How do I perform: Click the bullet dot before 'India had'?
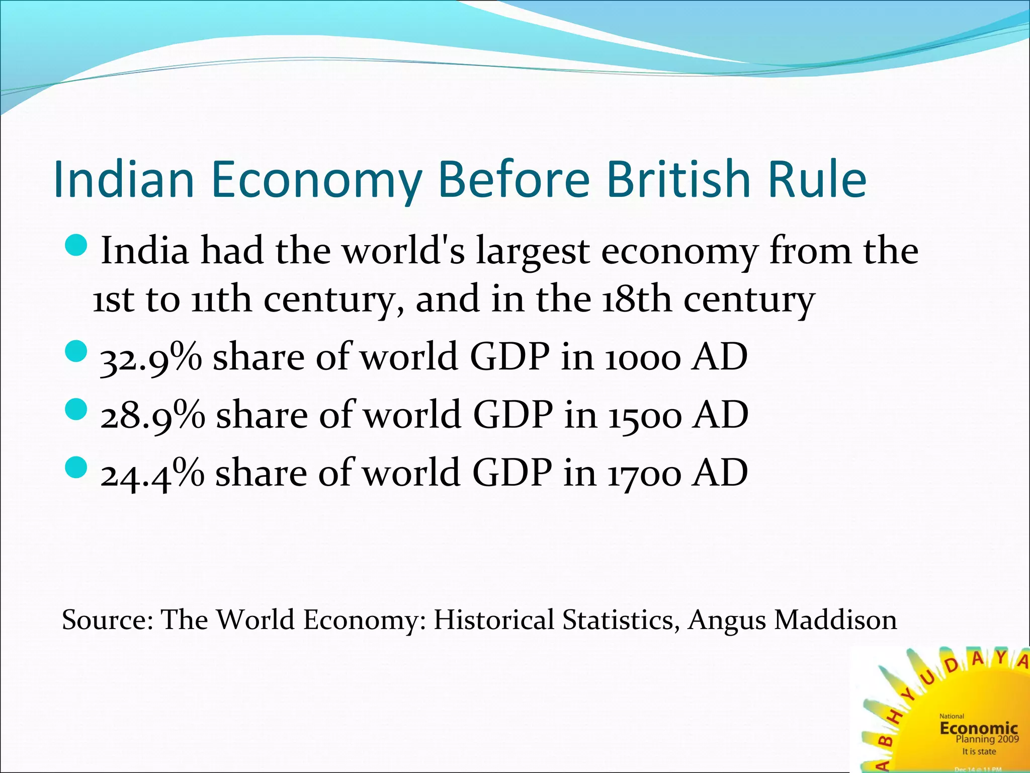pos(77,246)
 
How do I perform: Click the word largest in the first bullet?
pos(533,252)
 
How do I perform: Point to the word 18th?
pos(636,299)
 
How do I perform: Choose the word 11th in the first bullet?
pos(221,299)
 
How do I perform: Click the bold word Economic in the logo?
pos(978,728)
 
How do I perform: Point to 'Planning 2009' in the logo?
pos(987,739)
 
